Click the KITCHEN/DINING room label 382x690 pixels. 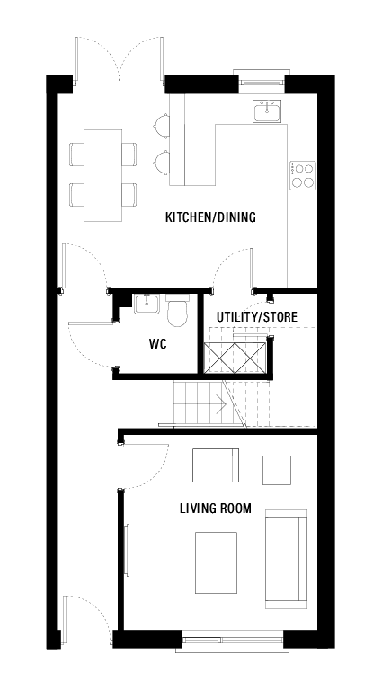pos(210,217)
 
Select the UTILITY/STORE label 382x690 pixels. pos(257,317)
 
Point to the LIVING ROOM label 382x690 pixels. pos(214,509)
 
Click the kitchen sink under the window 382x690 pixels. pos(267,111)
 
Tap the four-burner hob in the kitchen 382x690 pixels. pos(303,174)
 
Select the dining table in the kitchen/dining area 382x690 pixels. pos(103,174)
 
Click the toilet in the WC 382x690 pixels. pos(177,312)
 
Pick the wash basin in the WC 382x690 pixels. pos(146,305)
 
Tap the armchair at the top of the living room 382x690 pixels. pos(217,465)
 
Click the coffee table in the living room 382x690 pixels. pos(217,562)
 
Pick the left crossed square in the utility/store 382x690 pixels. pos(220,358)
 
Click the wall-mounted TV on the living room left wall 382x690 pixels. pos(126,548)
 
